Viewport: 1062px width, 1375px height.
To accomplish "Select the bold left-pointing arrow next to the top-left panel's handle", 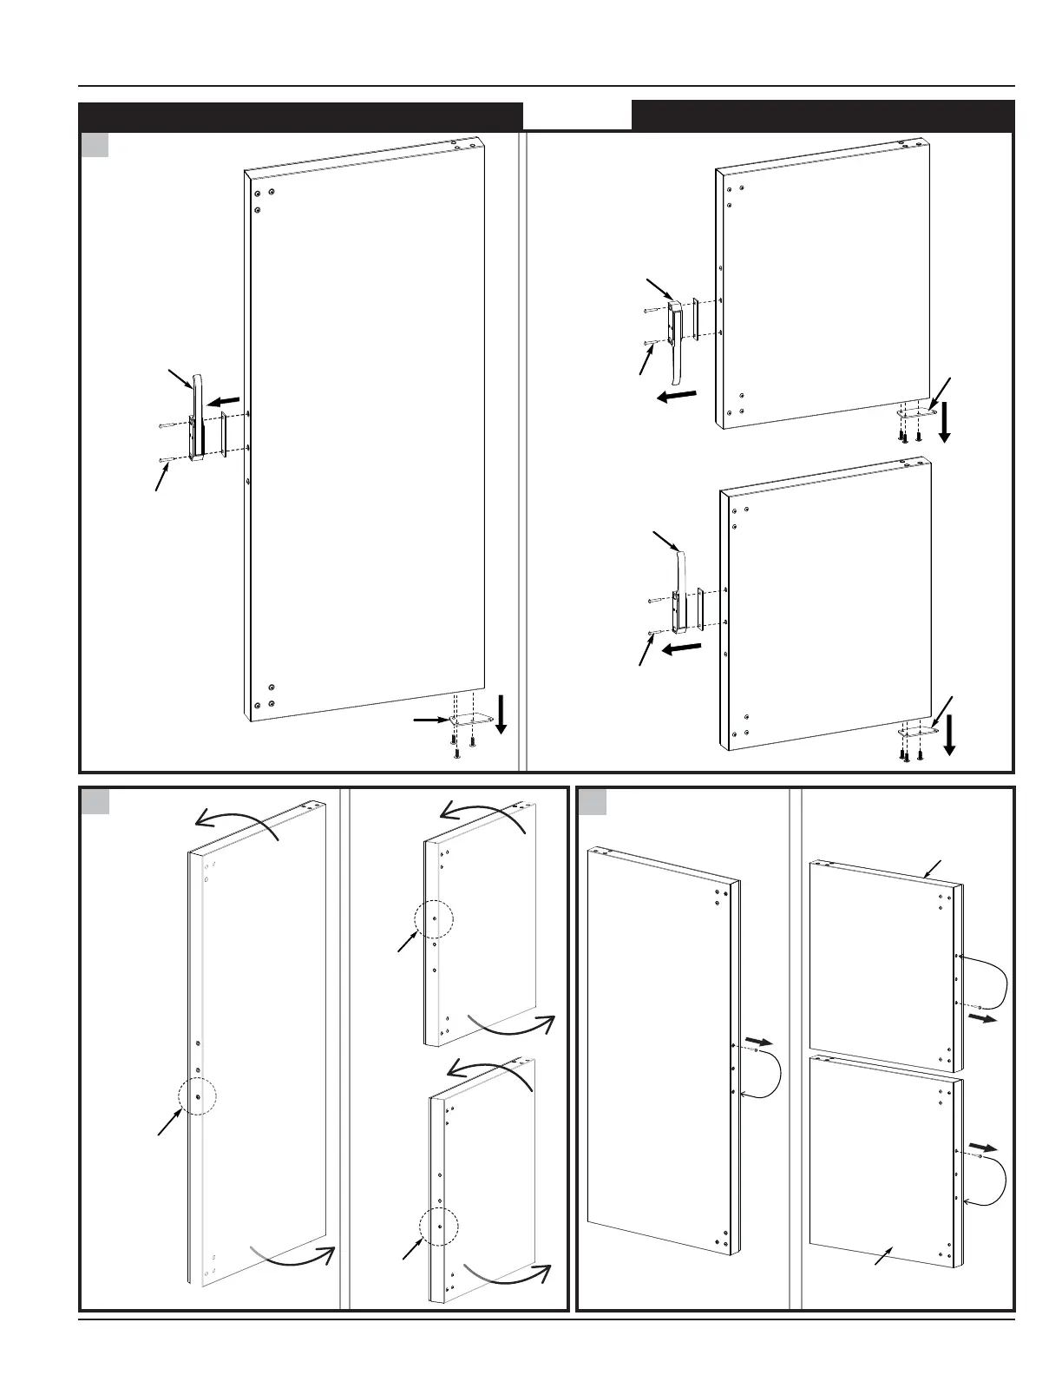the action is (225, 400).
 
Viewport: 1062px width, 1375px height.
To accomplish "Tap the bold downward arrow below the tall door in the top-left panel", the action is (501, 714).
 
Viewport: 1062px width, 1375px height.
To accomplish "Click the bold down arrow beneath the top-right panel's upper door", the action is (944, 424).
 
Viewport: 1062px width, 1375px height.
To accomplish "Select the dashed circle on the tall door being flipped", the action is (197, 1096).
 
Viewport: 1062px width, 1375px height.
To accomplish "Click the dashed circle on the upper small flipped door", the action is (433, 918).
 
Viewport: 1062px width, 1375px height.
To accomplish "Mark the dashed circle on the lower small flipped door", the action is (438, 1226).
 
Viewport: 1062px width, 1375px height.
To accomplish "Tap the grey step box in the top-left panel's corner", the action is (95, 145).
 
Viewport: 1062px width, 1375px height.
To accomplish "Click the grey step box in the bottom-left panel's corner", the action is (95, 800).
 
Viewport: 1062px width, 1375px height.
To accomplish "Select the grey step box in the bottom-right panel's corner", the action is (592, 800).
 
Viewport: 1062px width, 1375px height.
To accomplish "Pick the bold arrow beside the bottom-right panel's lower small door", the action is (983, 1147).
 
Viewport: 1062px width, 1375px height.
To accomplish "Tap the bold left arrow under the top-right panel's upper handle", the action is (676, 396).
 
